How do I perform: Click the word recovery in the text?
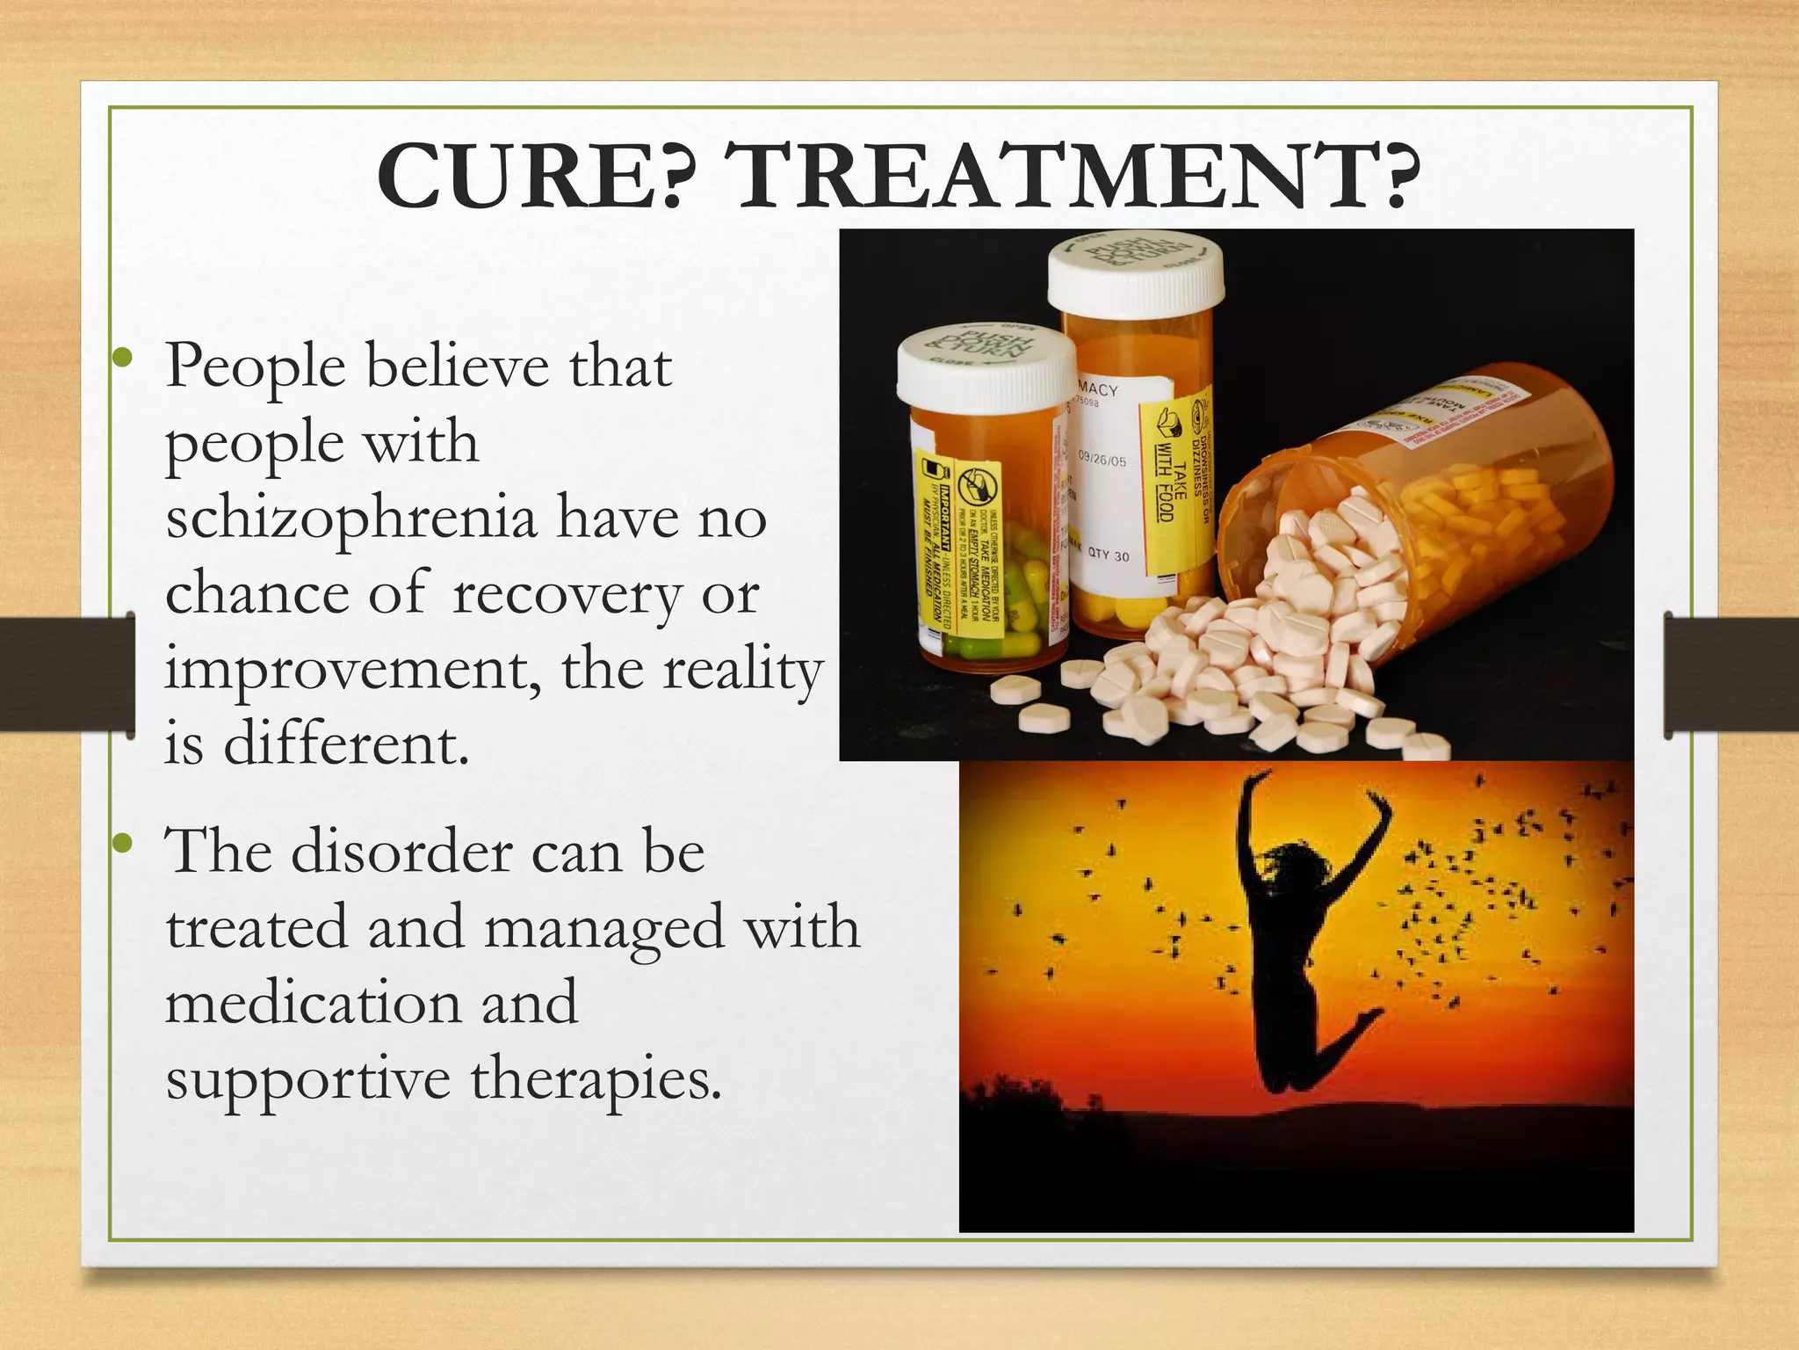(566, 595)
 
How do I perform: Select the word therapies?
(596, 1078)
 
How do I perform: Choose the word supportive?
(307, 1080)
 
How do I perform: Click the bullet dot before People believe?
(124, 359)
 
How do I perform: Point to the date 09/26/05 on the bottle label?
(1102, 460)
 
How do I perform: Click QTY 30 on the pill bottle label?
(1109, 555)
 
